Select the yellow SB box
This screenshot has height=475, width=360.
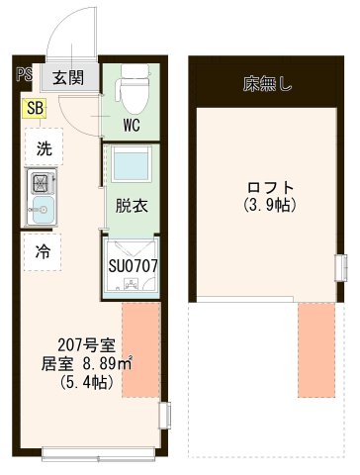coord(36,108)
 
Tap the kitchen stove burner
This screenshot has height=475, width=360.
coord(43,183)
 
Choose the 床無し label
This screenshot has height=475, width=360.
coord(267,83)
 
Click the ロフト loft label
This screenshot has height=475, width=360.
coord(269,186)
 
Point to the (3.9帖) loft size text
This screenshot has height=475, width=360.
coord(269,206)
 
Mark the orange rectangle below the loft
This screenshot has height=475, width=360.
coord(316,349)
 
